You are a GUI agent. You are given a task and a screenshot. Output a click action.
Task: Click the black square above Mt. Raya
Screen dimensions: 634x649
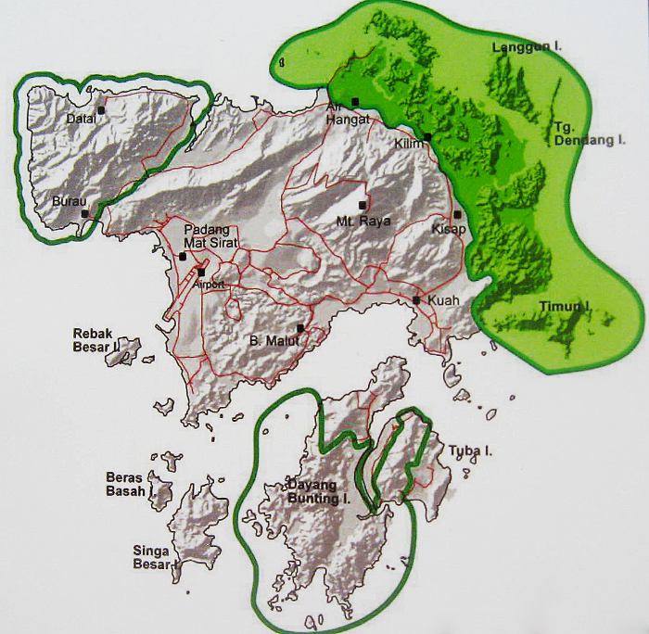(x=363, y=205)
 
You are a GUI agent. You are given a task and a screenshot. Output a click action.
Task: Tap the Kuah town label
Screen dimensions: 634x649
(x=442, y=301)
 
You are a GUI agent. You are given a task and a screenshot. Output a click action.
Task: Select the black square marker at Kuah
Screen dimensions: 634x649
(x=417, y=299)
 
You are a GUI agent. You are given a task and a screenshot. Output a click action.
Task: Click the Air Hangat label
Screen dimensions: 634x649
(x=348, y=113)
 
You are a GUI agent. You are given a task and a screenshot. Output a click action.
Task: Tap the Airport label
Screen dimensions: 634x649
(x=210, y=285)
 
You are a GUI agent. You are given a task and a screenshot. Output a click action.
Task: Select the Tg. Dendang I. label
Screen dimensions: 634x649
(x=579, y=134)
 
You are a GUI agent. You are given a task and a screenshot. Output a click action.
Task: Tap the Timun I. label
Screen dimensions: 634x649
(x=565, y=305)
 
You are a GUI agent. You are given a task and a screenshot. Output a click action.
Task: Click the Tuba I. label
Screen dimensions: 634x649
(x=470, y=451)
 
